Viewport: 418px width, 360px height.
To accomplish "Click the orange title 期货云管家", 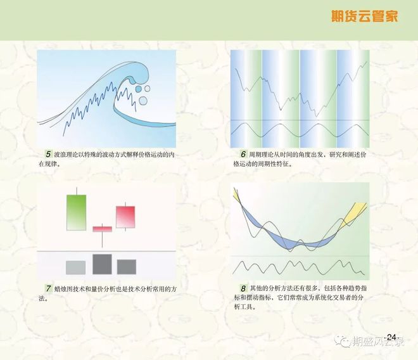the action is coord(364,16).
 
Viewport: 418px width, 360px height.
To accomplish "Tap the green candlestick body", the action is coord(76,212).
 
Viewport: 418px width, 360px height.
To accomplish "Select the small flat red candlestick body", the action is coord(103,229).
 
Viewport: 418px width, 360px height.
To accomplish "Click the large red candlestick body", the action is coord(125,217).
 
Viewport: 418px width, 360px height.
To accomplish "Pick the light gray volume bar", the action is coord(76,267).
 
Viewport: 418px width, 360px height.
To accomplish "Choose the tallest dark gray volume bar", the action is coord(102,264).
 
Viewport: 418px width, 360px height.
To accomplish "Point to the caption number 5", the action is coord(48,154).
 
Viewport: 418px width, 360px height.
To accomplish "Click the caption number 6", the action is coord(243,154).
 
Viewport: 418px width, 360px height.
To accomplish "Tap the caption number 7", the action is coord(48,288).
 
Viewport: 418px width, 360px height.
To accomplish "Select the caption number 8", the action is coord(243,288).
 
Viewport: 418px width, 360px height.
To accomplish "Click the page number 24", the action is coord(391,337).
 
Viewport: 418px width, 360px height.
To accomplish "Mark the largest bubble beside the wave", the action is coord(143,101).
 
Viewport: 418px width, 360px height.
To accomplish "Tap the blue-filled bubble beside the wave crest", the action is coord(138,89).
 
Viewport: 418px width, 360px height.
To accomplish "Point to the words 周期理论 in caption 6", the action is coord(260,155).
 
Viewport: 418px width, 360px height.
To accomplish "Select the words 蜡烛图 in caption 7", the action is coord(63,289).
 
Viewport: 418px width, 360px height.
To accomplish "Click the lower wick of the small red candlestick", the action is coord(102,240).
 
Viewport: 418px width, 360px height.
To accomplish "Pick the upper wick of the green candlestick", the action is coord(77,191).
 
